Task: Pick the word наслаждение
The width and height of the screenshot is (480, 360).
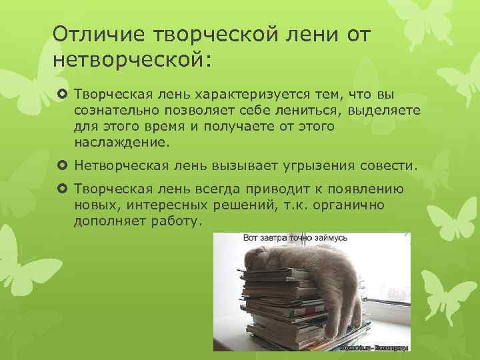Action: [x=123, y=143]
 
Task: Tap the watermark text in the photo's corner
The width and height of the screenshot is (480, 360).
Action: [x=376, y=348]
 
